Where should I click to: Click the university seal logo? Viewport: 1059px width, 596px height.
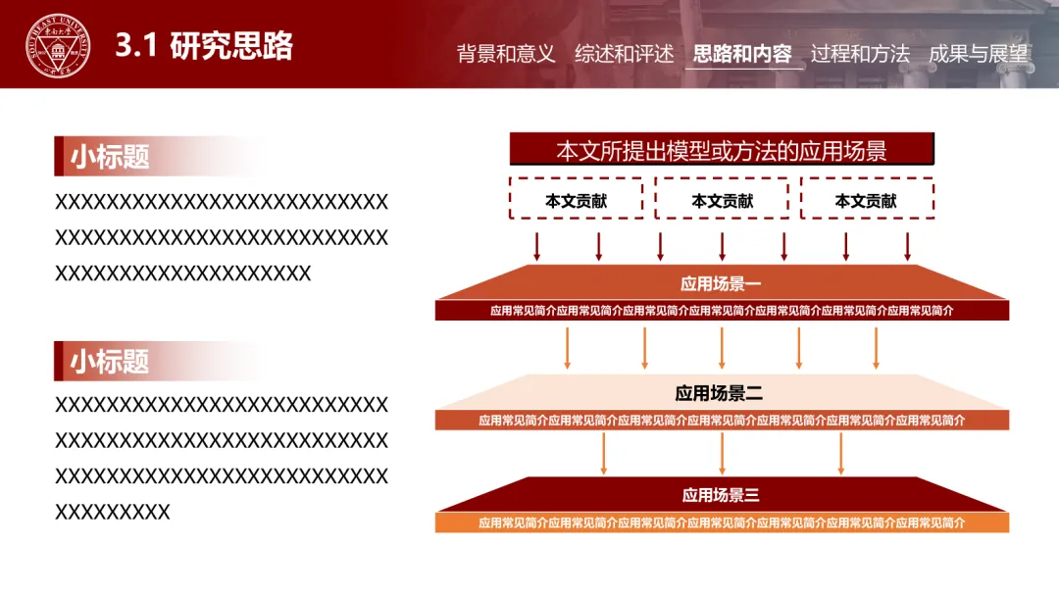[x=57, y=46]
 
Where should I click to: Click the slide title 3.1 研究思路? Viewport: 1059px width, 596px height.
[x=204, y=46]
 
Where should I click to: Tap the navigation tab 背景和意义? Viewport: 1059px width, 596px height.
[x=506, y=54]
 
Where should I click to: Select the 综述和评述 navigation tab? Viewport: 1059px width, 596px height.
[x=624, y=54]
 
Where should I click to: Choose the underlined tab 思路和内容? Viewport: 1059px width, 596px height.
[x=742, y=54]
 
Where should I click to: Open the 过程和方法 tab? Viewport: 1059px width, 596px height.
[x=860, y=54]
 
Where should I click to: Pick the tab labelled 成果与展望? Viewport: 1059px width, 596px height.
[x=978, y=54]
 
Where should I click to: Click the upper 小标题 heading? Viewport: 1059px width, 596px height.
[x=109, y=157]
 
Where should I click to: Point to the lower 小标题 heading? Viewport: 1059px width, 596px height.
[x=109, y=361]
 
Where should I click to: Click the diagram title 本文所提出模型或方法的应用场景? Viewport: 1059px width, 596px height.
[x=722, y=150]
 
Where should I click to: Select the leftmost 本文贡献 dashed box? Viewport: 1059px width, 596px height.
[x=577, y=200]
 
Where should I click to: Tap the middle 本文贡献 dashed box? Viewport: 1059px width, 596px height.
[x=723, y=200]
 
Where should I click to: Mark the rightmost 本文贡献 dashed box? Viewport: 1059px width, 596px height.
[x=866, y=200]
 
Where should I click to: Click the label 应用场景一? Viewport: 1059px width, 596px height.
[x=721, y=284]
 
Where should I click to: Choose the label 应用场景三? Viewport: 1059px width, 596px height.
[x=721, y=495]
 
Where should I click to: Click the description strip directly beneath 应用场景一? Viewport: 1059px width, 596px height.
[x=722, y=311]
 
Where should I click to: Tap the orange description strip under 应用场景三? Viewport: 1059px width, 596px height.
[x=722, y=523]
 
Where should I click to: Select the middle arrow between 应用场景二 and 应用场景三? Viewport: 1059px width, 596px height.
[x=722, y=453]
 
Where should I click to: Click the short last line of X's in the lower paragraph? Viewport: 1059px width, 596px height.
[x=113, y=512]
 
